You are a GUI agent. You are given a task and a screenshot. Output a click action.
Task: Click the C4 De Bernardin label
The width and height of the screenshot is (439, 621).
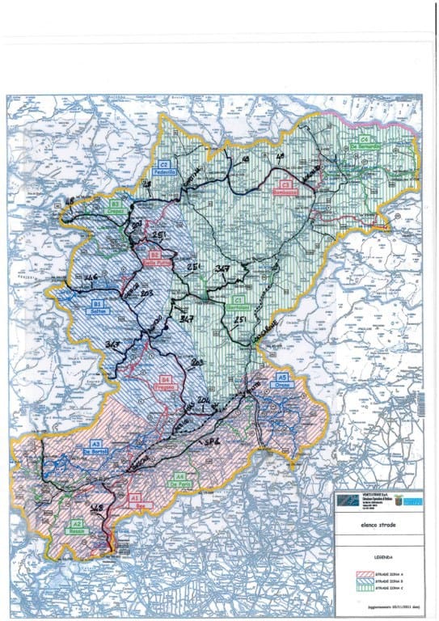point(371,141)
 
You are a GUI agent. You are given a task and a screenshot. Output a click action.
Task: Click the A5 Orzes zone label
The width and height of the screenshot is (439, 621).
point(281,380)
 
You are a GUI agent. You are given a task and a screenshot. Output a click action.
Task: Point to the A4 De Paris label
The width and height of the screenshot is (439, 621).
point(179,479)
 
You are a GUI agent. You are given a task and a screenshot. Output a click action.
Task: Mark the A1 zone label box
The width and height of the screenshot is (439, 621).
point(135,499)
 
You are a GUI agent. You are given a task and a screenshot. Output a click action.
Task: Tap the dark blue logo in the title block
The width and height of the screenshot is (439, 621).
point(348,501)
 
